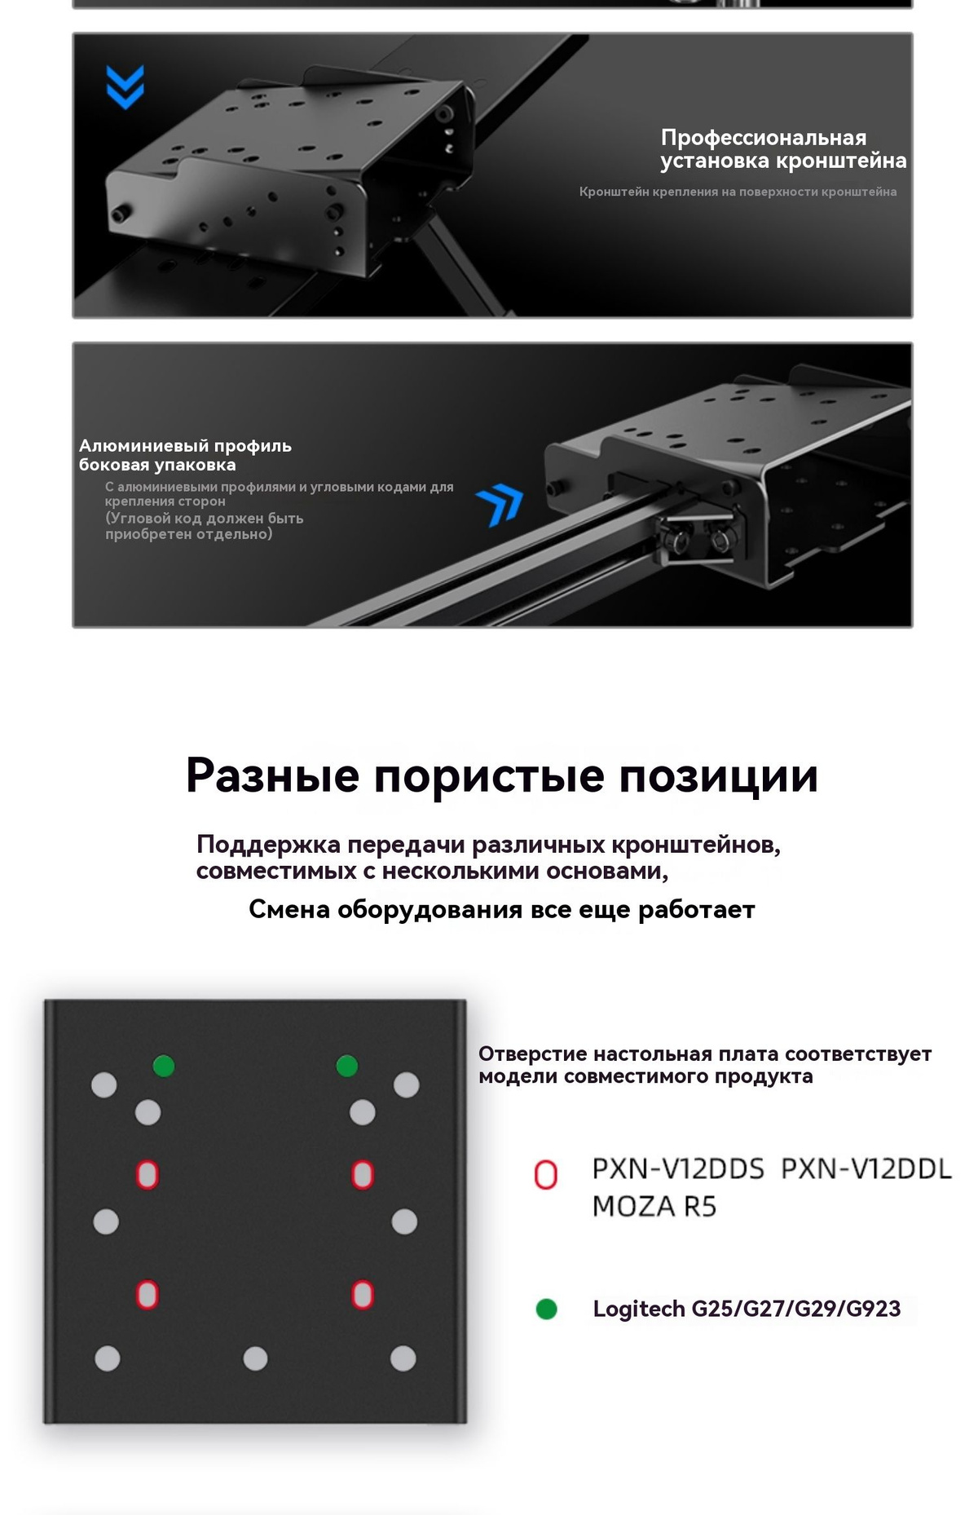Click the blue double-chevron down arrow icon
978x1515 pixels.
(x=125, y=86)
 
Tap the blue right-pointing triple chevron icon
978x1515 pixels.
(x=500, y=506)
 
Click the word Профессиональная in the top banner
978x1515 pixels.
(x=764, y=137)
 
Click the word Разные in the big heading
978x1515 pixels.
(x=272, y=775)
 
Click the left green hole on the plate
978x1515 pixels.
(x=164, y=1066)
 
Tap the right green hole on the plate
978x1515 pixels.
(x=347, y=1066)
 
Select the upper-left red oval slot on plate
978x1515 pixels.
(x=148, y=1175)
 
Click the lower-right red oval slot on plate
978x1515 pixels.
(x=363, y=1295)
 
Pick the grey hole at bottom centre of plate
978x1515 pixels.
(x=256, y=1358)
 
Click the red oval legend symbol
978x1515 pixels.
(x=545, y=1175)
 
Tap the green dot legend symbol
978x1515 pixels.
(x=547, y=1310)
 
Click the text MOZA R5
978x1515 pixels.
(x=654, y=1207)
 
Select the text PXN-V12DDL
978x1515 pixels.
(x=866, y=1169)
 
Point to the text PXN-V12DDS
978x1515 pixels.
(x=678, y=1169)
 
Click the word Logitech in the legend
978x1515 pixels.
(x=639, y=1310)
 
